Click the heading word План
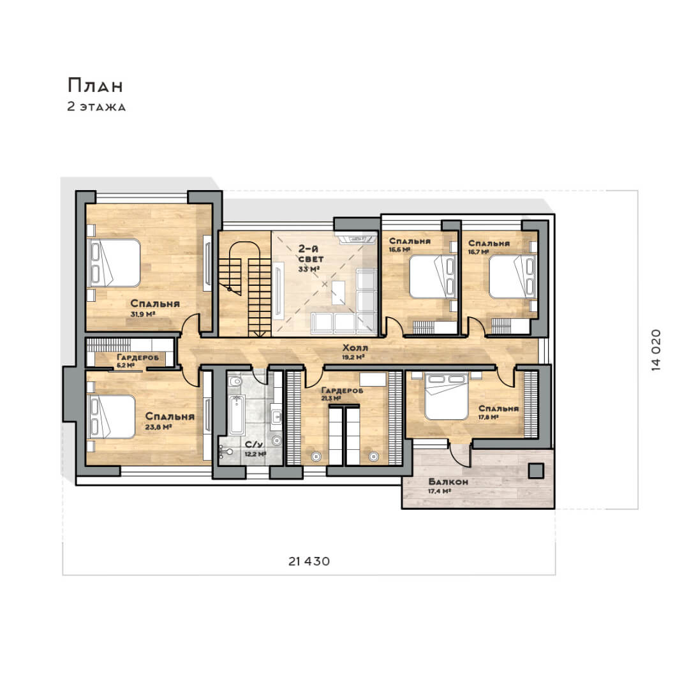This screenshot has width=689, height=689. click(x=95, y=85)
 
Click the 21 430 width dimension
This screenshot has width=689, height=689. click(x=309, y=561)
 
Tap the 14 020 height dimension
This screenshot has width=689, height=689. click(x=656, y=350)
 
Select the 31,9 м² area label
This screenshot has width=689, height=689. click(x=142, y=314)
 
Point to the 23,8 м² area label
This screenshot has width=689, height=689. click(x=158, y=427)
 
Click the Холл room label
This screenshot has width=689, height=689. click(x=355, y=348)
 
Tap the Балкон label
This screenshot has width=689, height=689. click(x=448, y=482)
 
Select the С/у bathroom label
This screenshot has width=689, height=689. click(x=254, y=445)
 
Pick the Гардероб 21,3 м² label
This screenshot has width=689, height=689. click(x=342, y=394)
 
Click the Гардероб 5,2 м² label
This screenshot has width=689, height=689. click(x=138, y=360)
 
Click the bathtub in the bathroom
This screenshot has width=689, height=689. click(x=237, y=415)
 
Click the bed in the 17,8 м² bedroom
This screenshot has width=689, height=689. click(x=446, y=396)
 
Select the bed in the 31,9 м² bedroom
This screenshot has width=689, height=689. click(x=114, y=263)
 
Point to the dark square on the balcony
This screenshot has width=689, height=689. click(x=536, y=471)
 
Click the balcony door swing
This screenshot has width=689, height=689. click(x=459, y=455)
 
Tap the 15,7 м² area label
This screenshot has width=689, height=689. click(x=478, y=252)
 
